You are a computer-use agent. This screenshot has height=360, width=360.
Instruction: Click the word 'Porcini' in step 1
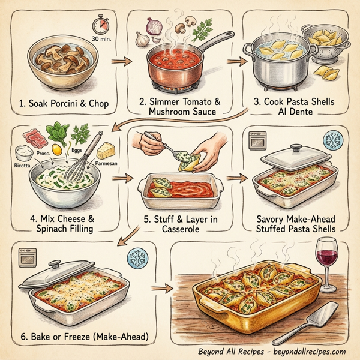61,104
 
